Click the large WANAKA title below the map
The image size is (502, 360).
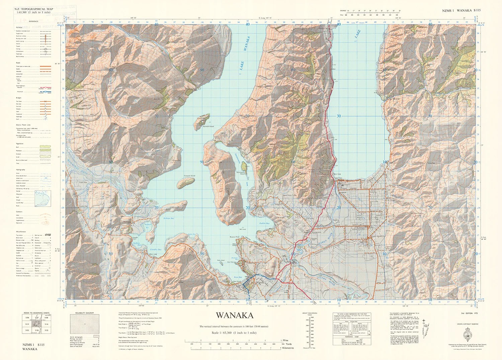pyautogui.click(x=234, y=315)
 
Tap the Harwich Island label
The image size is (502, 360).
pyautogui.click(x=208, y=127)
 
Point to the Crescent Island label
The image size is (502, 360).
pyautogui.click(x=189, y=175)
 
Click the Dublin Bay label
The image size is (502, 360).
pyautogui.click(x=264, y=223)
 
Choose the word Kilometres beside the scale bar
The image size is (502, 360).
pyautogui.click(x=288, y=348)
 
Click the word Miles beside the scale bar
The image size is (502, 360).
pyautogui.click(x=285, y=340)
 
